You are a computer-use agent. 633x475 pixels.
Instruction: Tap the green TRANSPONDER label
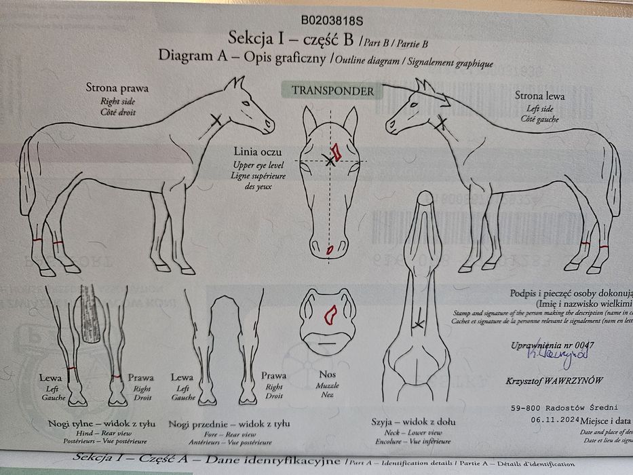332,90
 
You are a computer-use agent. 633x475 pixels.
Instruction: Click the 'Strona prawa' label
117,88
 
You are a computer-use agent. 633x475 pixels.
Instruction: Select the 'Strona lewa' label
539,96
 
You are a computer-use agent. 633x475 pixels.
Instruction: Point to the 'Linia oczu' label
257,152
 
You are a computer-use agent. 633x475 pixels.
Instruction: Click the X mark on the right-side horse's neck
216,120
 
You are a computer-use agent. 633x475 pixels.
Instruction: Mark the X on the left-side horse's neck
442,123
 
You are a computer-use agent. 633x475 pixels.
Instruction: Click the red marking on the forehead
336,150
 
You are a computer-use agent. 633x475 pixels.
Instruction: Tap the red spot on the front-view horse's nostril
330,250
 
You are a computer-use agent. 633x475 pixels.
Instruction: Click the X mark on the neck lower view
417,324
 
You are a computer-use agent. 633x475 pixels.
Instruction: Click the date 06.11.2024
535,421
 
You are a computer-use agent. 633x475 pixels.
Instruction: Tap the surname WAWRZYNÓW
572,381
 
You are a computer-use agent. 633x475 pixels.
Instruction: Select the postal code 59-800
525,408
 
